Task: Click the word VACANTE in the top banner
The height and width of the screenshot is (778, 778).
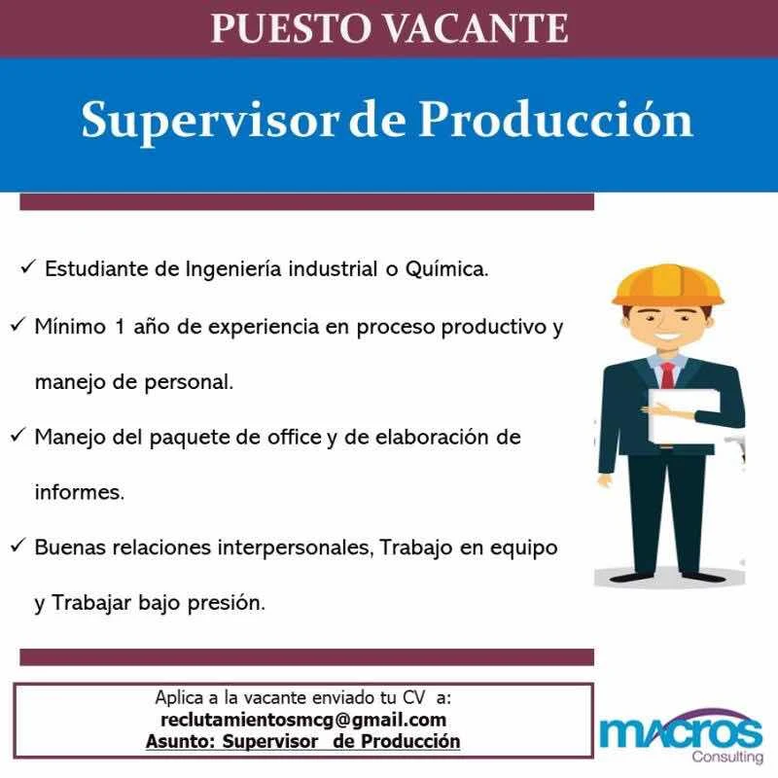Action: pyautogui.click(x=477, y=28)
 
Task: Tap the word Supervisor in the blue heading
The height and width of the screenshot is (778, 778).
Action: pyautogui.click(x=209, y=121)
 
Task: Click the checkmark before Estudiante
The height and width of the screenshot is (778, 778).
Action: pyautogui.click(x=27, y=268)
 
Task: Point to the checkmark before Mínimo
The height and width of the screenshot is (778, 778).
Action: pyautogui.click(x=17, y=326)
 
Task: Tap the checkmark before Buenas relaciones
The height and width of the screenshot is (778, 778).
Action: pyautogui.click(x=17, y=547)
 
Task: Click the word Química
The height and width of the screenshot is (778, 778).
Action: pyautogui.click(x=447, y=269)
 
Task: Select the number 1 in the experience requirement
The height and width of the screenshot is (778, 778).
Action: pyautogui.click(x=119, y=327)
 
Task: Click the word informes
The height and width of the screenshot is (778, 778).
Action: pyautogui.click(x=80, y=492)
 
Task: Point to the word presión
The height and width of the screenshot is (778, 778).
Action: pyautogui.click(x=227, y=603)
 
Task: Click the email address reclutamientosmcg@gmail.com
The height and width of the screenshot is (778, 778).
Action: pyautogui.click(x=303, y=720)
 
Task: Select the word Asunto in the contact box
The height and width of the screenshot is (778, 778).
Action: pyautogui.click(x=181, y=741)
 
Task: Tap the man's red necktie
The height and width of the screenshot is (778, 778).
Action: pyautogui.click(x=668, y=375)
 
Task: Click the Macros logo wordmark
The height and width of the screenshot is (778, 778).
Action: pyautogui.click(x=681, y=729)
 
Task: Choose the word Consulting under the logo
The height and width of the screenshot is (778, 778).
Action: pyautogui.click(x=727, y=758)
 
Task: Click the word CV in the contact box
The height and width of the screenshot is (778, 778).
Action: pyautogui.click(x=414, y=697)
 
